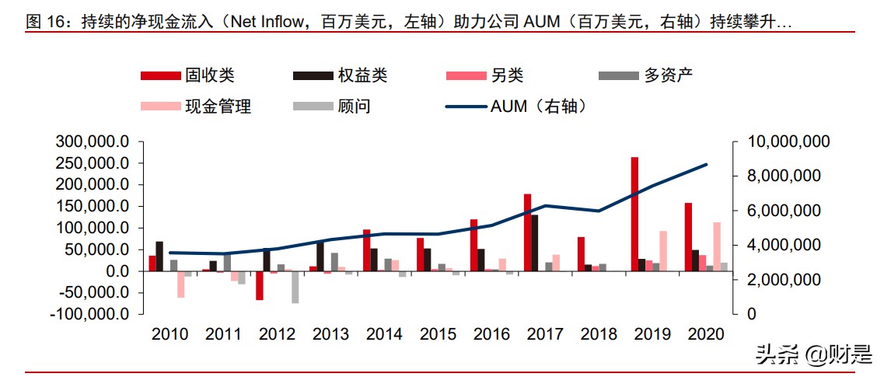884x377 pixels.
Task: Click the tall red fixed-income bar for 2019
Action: [x=634, y=214]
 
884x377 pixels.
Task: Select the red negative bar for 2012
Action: [x=260, y=285]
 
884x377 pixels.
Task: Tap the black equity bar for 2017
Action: [x=535, y=243]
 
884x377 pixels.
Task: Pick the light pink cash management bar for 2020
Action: [x=716, y=246]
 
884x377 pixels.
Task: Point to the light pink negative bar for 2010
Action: [x=180, y=284]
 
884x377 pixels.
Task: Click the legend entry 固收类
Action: [x=187, y=75]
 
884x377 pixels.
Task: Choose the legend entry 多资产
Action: [x=645, y=75]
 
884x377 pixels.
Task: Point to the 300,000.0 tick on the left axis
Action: [x=92, y=142]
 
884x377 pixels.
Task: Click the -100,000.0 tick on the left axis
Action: [x=89, y=314]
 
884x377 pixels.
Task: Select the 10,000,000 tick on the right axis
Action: [x=788, y=142]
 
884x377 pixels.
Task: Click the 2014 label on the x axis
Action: [x=384, y=334]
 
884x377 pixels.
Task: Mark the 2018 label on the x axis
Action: [x=599, y=334]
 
